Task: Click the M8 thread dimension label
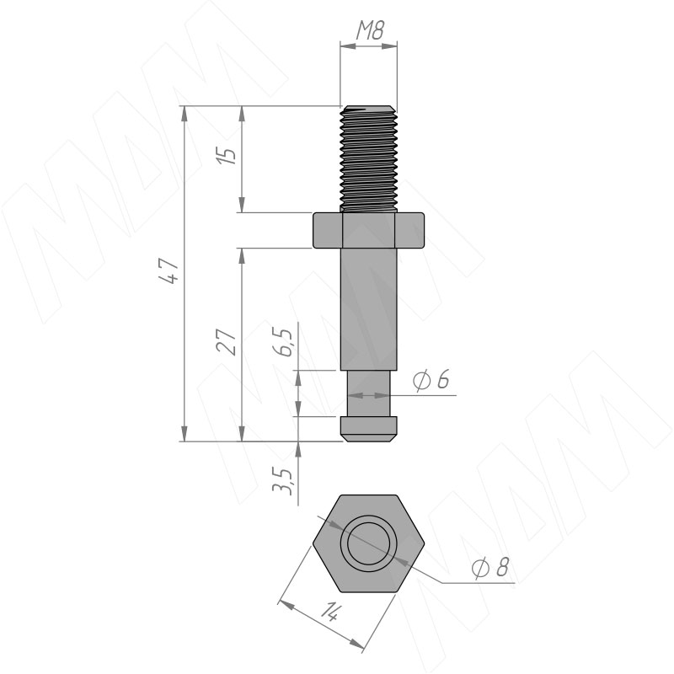(370, 30)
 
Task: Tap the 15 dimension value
(227, 156)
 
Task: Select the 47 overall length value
(169, 270)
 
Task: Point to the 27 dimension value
(227, 342)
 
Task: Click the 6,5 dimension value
(283, 343)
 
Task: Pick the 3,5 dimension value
(283, 481)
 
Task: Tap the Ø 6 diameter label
(431, 380)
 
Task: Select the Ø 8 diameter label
(490, 567)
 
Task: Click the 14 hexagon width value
(330, 612)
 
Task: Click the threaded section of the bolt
(368, 158)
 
